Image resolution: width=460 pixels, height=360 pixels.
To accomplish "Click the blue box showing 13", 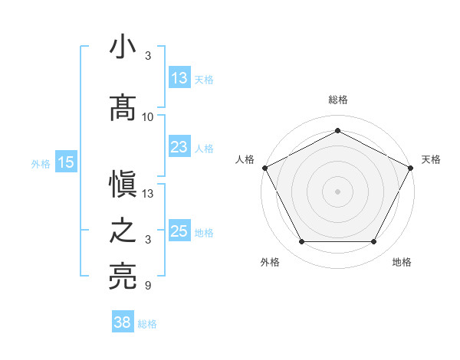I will tap(179, 78).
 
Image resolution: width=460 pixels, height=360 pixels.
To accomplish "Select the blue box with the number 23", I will tap(179, 147).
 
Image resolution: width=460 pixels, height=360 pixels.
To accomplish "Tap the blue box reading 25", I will tap(179, 231).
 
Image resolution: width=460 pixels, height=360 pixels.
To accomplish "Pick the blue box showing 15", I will tap(66, 162).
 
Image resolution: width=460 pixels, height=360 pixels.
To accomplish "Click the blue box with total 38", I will tap(123, 323).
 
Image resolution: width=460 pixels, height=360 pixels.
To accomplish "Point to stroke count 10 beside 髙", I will tap(148, 117).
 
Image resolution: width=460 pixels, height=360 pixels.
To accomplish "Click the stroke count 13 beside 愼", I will tap(148, 194).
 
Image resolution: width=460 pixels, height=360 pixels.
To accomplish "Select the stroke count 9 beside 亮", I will tap(148, 286).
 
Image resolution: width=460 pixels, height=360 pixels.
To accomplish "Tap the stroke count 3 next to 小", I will tap(148, 56).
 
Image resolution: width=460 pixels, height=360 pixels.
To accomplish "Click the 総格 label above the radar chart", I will tap(337, 100).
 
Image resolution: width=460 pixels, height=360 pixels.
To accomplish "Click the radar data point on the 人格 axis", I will tap(264, 167).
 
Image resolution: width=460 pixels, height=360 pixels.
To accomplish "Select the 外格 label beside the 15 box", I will tap(40, 163).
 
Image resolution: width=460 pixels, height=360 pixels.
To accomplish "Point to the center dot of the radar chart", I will tap(337, 191).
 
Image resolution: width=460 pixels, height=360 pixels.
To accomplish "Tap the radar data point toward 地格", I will tap(373, 241).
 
